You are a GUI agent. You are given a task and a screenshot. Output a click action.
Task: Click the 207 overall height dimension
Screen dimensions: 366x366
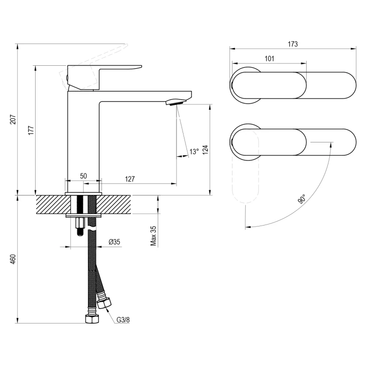13,120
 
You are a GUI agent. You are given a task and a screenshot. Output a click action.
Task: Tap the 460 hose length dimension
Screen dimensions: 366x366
13,259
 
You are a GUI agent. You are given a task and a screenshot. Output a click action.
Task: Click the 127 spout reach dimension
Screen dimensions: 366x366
130,179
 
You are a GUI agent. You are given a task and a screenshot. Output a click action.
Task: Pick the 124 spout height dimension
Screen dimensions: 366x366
203,149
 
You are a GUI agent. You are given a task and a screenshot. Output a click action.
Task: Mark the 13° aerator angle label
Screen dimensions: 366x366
194,151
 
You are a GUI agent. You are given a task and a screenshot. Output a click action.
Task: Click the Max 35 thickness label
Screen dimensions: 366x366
153,236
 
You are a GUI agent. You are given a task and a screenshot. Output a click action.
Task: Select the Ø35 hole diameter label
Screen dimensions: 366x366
115,242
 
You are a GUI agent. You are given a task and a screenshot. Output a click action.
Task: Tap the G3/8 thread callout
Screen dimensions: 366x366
123,320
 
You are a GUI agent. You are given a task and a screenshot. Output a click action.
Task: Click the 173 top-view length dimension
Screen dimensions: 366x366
292,44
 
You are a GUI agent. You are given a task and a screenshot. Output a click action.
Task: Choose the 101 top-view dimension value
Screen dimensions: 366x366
270,58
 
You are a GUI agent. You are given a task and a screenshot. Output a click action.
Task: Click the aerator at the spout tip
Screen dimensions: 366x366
175,102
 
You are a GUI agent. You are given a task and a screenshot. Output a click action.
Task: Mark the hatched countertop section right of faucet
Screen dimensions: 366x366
117,204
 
